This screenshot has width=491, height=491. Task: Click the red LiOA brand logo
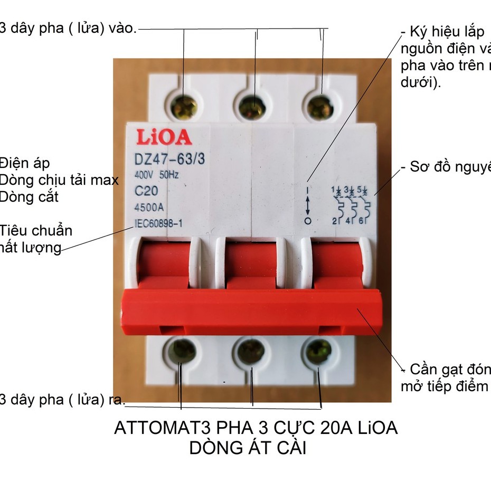165,137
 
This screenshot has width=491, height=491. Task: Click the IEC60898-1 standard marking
158,224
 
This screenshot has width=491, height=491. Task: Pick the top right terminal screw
320,108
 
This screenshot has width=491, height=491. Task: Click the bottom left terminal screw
182,351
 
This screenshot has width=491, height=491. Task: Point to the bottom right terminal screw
318,351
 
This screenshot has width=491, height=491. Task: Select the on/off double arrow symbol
308,205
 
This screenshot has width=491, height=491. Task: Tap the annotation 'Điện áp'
25,164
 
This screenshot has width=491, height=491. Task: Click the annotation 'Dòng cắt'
29,197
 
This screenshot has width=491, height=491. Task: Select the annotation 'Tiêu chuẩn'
36,231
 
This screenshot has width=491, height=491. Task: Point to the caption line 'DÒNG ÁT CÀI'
248,449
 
